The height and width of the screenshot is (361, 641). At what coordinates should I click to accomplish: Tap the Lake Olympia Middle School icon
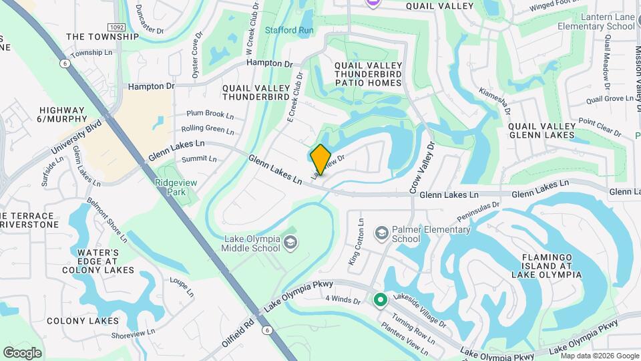pyautogui.click(x=290, y=241)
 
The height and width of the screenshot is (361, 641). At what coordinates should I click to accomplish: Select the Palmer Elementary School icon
pyautogui.click(x=381, y=233)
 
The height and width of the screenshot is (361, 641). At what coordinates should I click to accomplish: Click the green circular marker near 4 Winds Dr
pyautogui.click(x=381, y=299)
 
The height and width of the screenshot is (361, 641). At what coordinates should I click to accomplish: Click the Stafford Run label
pyautogui.click(x=289, y=30)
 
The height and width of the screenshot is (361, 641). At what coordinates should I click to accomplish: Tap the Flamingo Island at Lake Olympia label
pyautogui.click(x=547, y=265)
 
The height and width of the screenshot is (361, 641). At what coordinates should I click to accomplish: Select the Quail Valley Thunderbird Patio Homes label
pyautogui.click(x=368, y=74)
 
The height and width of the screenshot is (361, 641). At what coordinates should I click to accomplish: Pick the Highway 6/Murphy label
pyautogui.click(x=62, y=114)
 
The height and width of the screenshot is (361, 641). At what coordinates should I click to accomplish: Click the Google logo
pyautogui.click(x=22, y=352)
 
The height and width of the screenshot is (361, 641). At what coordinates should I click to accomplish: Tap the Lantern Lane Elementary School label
pyautogui.click(x=598, y=21)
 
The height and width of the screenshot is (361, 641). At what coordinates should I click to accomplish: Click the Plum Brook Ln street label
pyautogui.click(x=210, y=114)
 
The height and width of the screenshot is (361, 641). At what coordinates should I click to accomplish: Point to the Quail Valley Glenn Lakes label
pyautogui.click(x=541, y=130)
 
